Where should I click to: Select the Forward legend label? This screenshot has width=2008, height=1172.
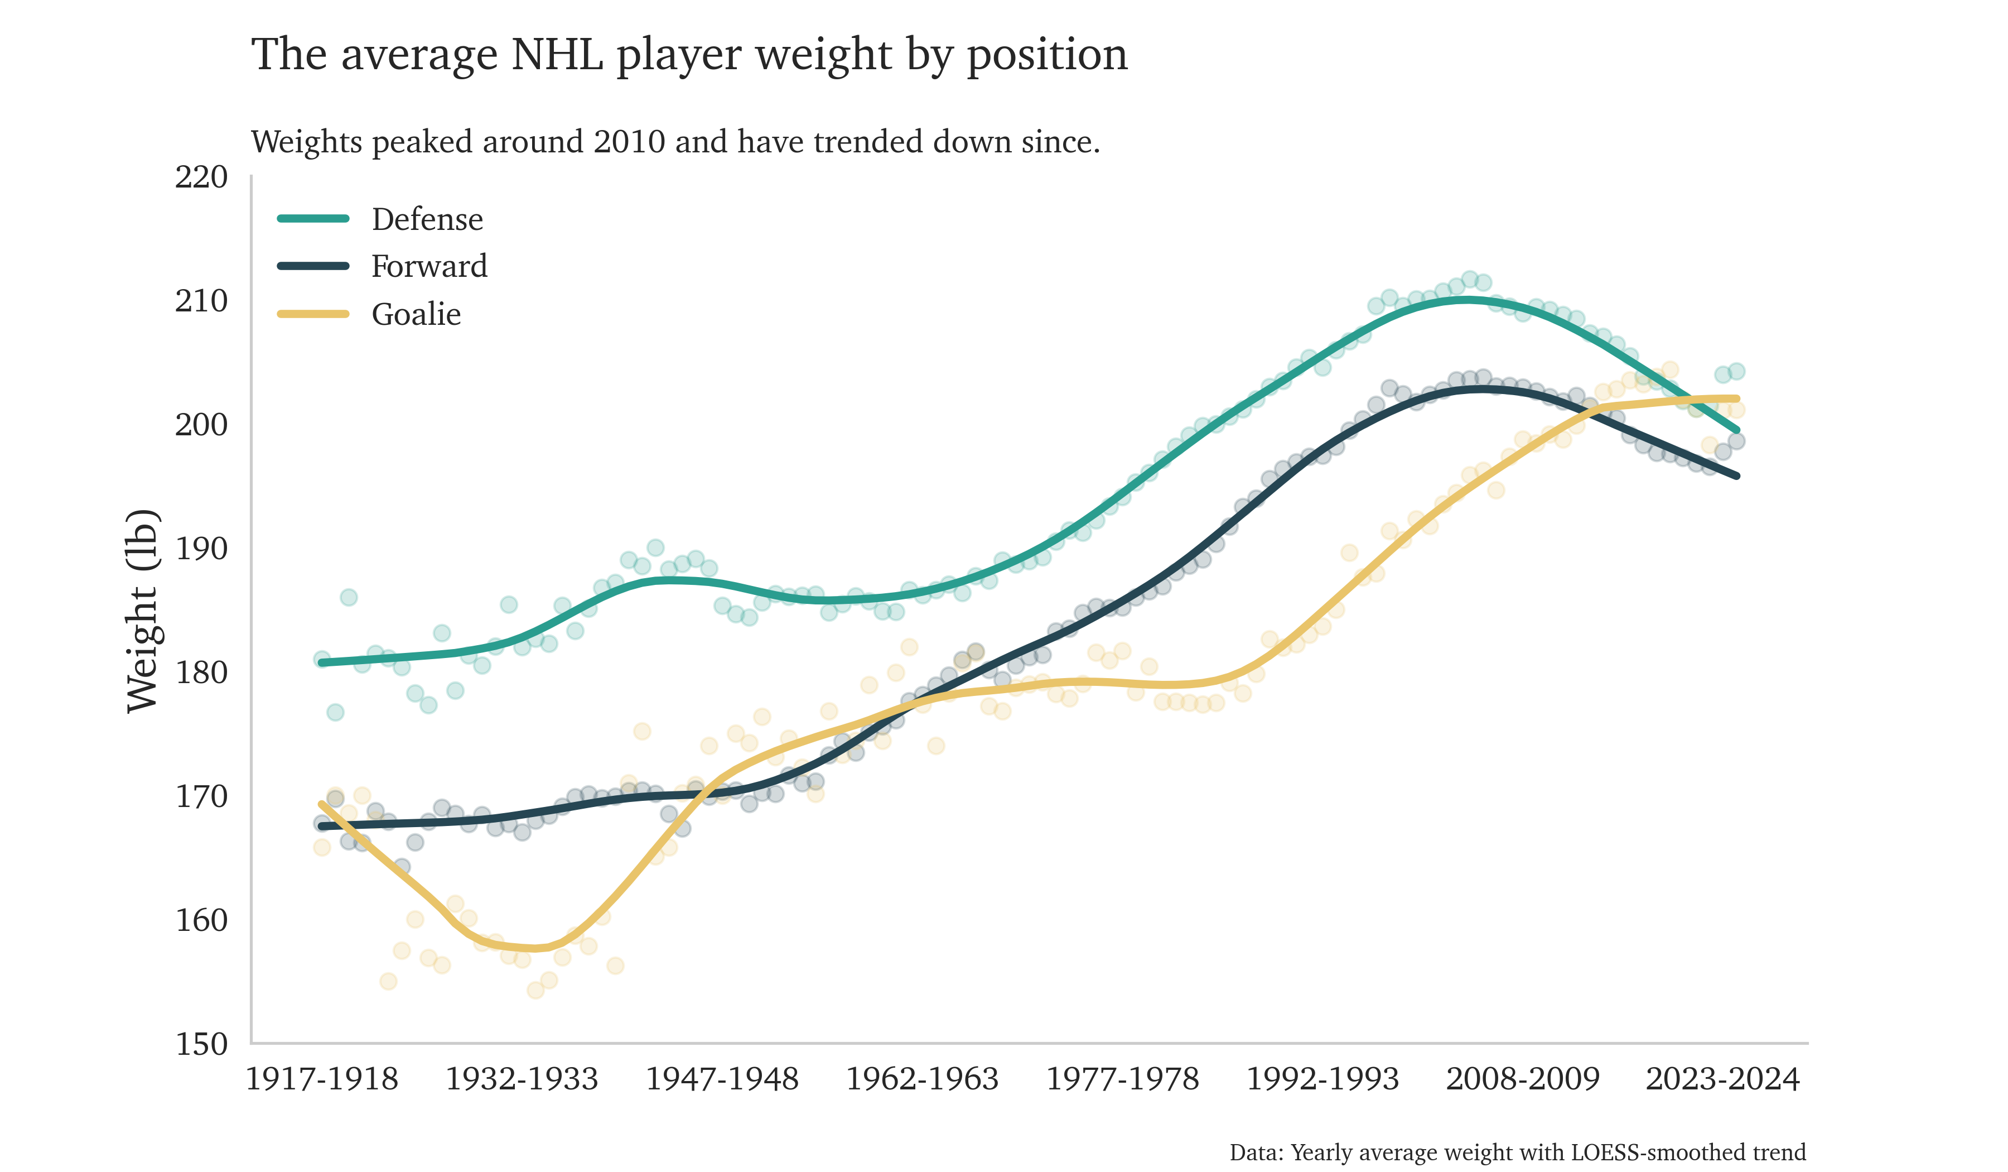click(429, 266)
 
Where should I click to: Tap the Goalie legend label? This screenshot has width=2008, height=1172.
click(416, 314)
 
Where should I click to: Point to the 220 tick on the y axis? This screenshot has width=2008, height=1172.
click(201, 177)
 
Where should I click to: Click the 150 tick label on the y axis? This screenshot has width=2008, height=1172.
click(201, 1044)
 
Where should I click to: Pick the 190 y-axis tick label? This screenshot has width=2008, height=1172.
click(201, 549)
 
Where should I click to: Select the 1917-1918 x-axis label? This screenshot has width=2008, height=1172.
click(322, 1079)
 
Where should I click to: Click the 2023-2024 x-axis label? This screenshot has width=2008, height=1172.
click(1722, 1079)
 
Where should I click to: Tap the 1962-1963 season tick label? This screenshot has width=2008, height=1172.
click(922, 1079)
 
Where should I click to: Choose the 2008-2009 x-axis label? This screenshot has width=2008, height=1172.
click(1522, 1079)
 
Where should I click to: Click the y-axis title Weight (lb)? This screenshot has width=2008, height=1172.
click(143, 610)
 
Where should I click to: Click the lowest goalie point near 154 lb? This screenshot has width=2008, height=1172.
click(535, 990)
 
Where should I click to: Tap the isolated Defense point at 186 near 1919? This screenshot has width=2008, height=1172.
click(348, 598)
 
